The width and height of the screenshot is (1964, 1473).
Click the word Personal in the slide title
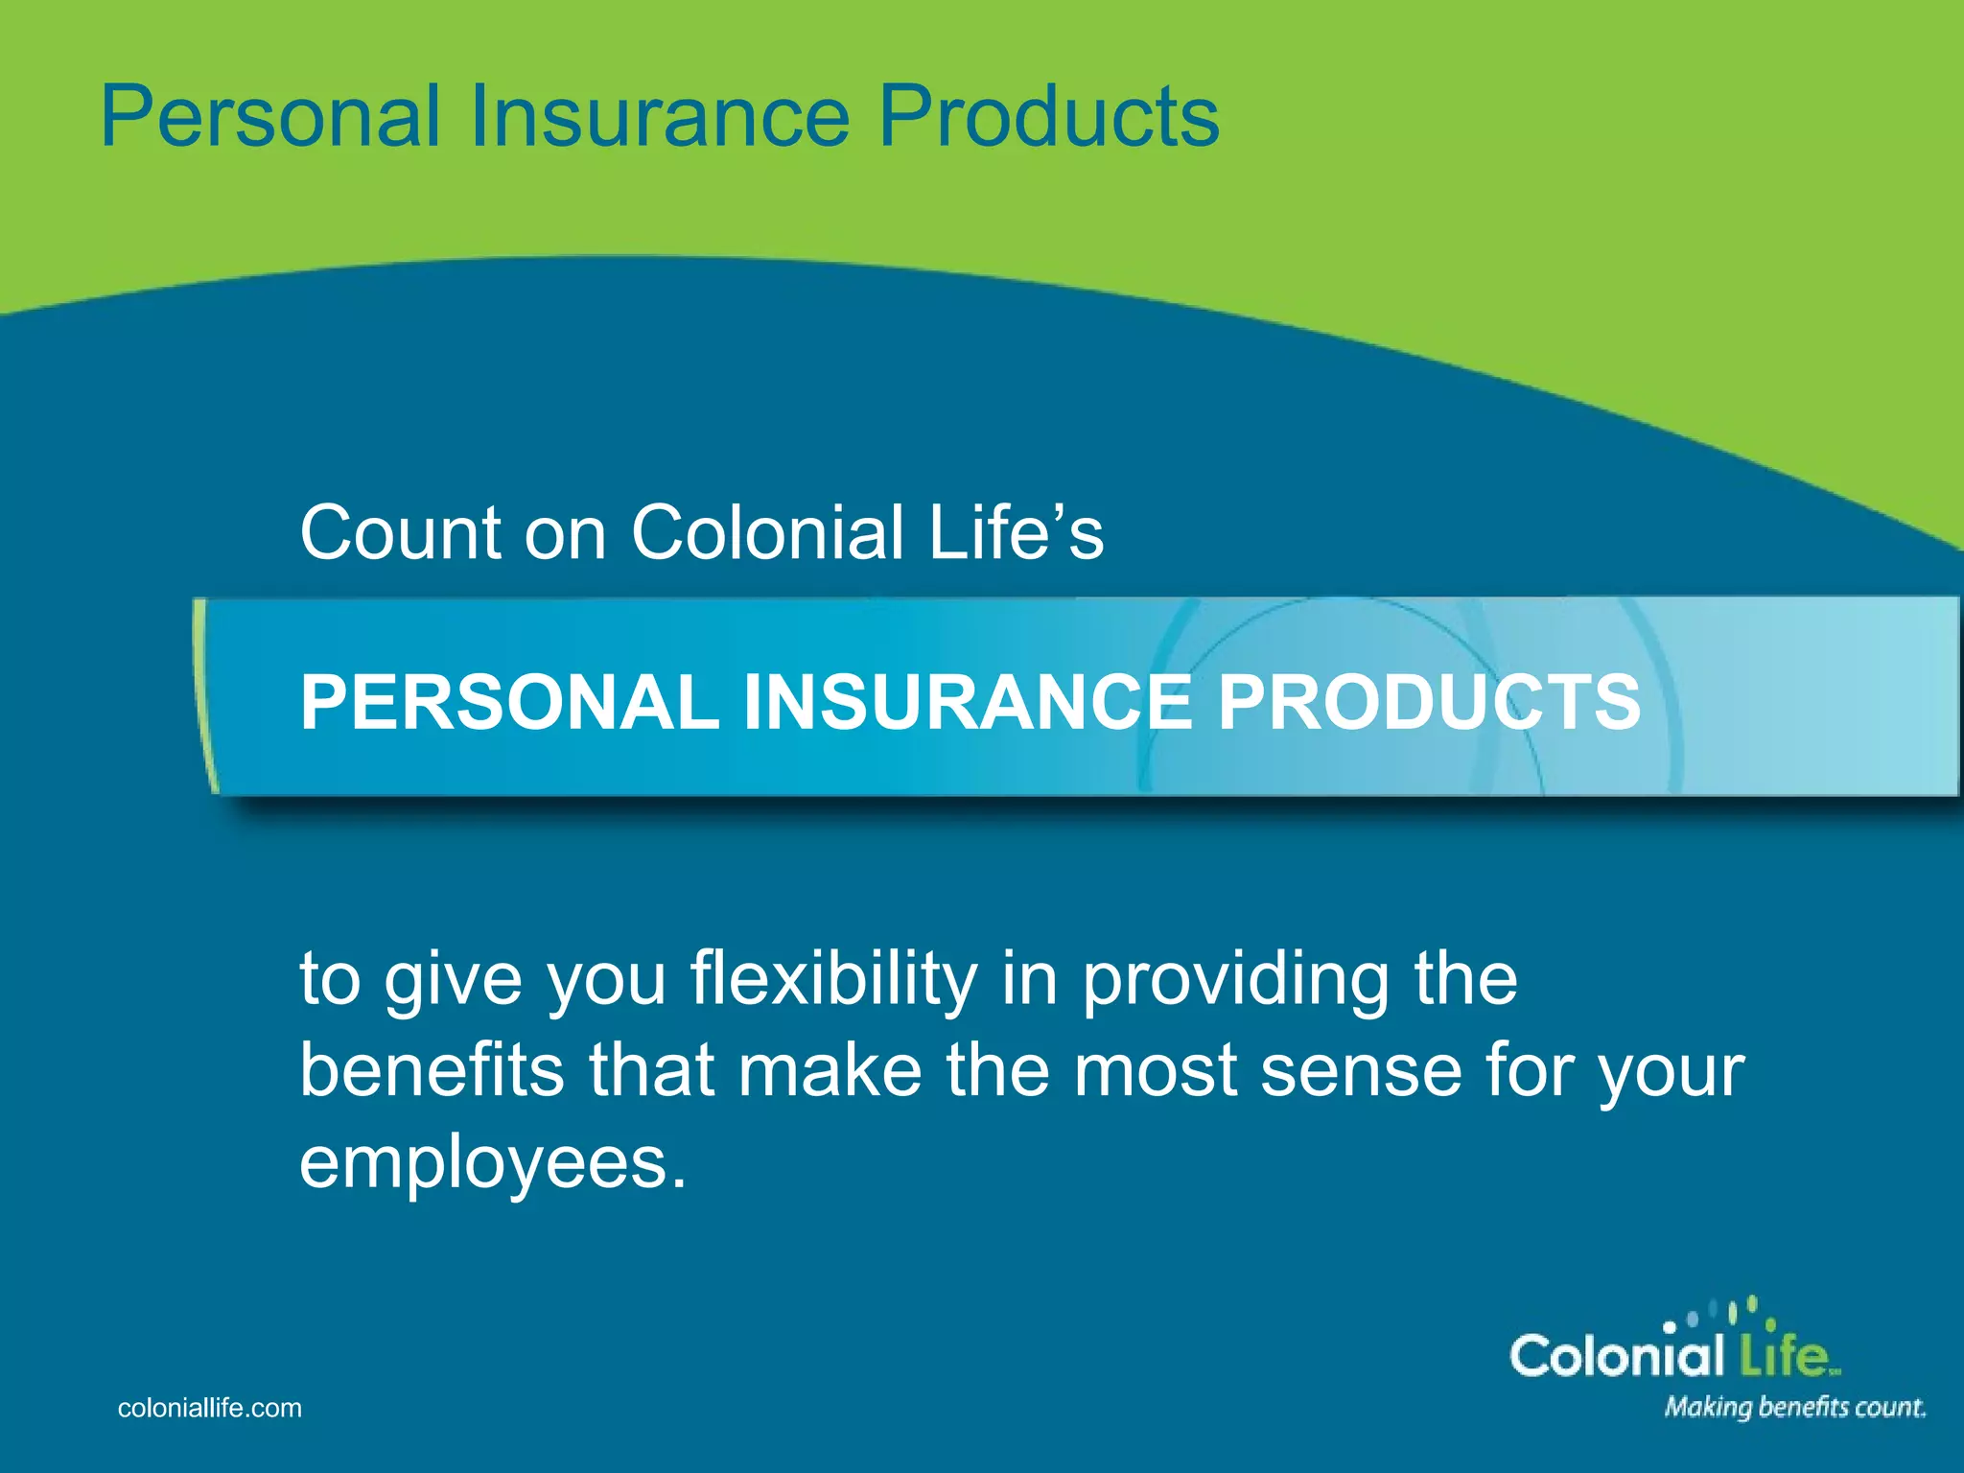pos(269,117)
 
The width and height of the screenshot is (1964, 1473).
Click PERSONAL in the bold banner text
pos(509,703)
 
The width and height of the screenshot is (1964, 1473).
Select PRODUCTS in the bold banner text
pos(1429,703)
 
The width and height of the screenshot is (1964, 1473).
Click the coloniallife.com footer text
pos(209,1408)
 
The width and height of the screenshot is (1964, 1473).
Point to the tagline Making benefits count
pos(1794,1408)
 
